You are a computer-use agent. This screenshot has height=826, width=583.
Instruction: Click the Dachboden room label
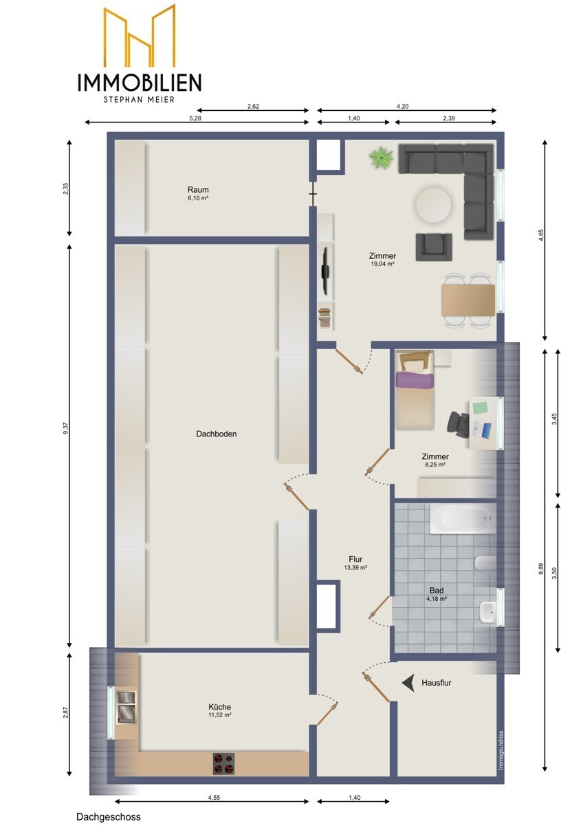coord(216,434)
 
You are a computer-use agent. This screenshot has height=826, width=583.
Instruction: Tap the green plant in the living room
coord(381,158)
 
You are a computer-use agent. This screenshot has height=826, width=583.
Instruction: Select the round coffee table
coord(433,205)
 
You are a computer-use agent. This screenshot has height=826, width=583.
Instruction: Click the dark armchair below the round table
coord(434,246)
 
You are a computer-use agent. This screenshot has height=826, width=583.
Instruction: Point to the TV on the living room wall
coord(324,271)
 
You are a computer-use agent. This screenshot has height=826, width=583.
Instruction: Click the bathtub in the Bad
coord(462,519)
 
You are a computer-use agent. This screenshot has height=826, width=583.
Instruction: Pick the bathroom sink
coord(488,611)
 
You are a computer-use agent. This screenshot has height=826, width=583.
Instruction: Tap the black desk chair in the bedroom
coord(459,424)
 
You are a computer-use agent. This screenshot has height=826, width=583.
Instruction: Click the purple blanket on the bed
coord(413,379)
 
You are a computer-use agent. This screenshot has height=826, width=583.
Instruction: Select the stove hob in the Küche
coord(223,764)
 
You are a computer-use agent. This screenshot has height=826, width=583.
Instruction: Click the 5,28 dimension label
coord(195,118)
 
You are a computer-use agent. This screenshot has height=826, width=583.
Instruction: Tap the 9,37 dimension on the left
coord(66,428)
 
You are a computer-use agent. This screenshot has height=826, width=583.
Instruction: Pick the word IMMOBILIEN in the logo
coord(140,82)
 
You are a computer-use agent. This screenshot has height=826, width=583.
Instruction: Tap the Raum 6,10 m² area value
coord(198,198)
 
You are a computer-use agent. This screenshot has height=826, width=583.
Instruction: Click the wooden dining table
coord(468,300)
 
